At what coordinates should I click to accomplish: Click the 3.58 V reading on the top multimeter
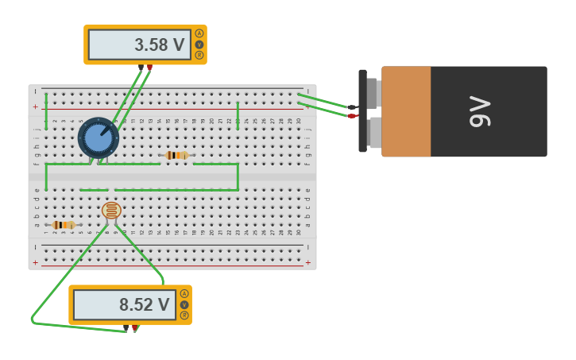click(x=159, y=45)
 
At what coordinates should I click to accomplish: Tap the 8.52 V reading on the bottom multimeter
click(x=144, y=305)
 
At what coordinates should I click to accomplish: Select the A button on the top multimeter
click(x=199, y=33)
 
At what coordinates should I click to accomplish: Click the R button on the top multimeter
click(x=199, y=56)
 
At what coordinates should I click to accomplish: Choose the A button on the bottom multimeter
click(x=184, y=293)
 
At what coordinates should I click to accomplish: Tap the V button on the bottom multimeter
click(x=184, y=304)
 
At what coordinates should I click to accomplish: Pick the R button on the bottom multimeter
click(x=184, y=315)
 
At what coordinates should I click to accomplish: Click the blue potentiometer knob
click(x=99, y=137)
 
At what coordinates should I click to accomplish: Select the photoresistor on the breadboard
click(x=111, y=211)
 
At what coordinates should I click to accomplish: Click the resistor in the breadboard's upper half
click(x=176, y=155)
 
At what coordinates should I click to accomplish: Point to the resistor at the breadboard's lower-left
click(x=64, y=225)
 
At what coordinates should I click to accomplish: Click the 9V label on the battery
click(x=480, y=111)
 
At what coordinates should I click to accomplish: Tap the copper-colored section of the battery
click(x=406, y=111)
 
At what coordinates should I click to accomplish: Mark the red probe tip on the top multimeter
click(x=149, y=68)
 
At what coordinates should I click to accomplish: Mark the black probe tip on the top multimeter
click(x=141, y=68)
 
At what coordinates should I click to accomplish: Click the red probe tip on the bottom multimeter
click(x=134, y=327)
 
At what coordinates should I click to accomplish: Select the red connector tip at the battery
click(x=352, y=116)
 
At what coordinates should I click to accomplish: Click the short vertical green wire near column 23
click(x=238, y=114)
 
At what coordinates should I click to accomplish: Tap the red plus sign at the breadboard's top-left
click(x=35, y=106)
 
